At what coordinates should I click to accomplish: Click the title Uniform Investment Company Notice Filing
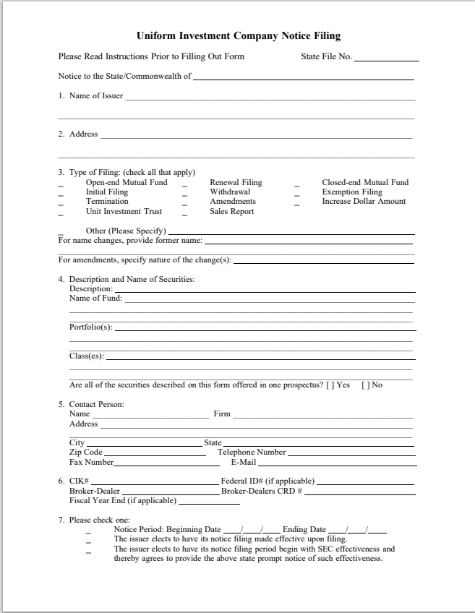pos(238,35)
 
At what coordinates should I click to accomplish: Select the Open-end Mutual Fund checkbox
pos(61,186)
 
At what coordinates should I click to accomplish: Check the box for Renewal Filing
pos(185,186)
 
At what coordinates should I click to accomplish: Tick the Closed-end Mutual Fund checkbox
pos(296,186)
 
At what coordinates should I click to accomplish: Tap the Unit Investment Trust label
pos(124,212)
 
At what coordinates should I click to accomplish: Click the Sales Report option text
pos(231,212)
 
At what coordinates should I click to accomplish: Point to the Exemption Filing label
pos(352,192)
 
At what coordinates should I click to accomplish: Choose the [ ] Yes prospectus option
pos(338,385)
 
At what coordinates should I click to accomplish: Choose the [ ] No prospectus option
pos(372,385)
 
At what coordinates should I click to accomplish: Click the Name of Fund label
pos(95,298)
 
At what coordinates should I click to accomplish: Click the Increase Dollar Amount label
pos(364,202)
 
